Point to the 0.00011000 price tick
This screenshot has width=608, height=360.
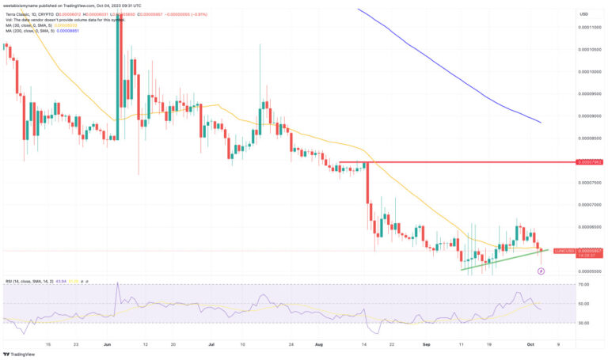[x=586, y=27]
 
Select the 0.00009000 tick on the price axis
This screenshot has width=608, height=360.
[x=586, y=116]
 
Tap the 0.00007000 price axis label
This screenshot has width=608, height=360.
[x=586, y=205]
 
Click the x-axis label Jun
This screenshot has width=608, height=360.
[x=108, y=344]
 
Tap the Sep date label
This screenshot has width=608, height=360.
[x=426, y=344]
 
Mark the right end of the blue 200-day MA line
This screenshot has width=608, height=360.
[x=541, y=123]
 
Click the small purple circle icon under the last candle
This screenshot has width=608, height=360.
[x=541, y=271]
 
